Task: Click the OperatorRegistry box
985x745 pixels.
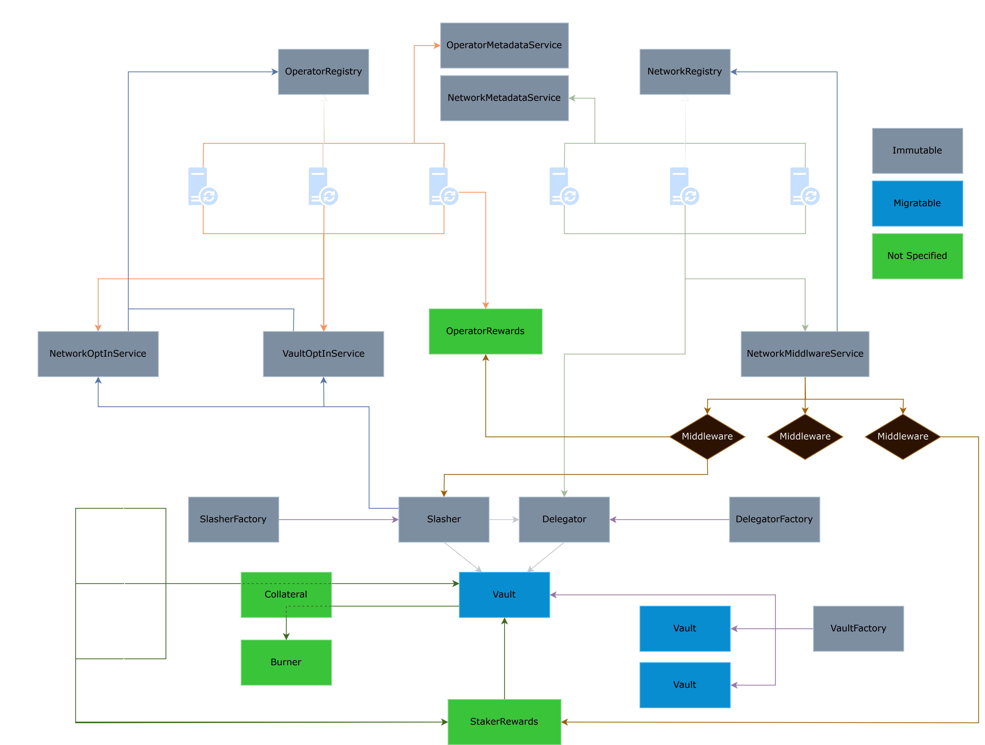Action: pyautogui.click(x=323, y=72)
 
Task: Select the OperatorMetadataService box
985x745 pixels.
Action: pyautogui.click(x=504, y=45)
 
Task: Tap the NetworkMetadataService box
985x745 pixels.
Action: pyautogui.click(x=504, y=98)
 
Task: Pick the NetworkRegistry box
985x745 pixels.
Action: pyautogui.click(x=685, y=72)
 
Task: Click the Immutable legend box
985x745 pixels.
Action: pyautogui.click(x=917, y=151)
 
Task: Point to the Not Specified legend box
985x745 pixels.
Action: pyautogui.click(x=917, y=256)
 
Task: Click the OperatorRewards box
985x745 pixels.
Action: pyautogui.click(x=485, y=331)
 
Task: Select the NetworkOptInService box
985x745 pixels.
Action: pyautogui.click(x=98, y=354)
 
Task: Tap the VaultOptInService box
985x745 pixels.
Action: pyautogui.click(x=323, y=354)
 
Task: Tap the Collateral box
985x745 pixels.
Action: pyautogui.click(x=286, y=594)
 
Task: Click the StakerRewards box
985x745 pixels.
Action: pyautogui.click(x=504, y=722)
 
